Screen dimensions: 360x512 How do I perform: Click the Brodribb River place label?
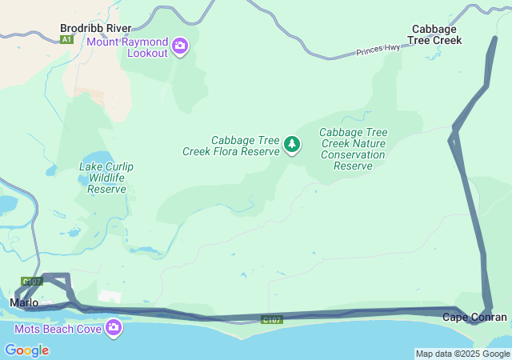coord(95,28)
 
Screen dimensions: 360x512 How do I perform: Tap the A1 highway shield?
coord(66,39)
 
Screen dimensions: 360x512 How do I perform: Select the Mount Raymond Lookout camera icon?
coord(180,46)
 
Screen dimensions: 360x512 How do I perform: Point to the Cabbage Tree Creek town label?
coord(434,34)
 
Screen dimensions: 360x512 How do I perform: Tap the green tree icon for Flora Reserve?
coord(293,145)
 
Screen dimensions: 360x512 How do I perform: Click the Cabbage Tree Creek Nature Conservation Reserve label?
coord(353,149)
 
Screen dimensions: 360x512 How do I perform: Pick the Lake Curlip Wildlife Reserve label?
coord(106,178)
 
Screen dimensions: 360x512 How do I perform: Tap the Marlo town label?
coord(24,302)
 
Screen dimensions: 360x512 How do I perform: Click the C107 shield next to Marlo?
coord(32,282)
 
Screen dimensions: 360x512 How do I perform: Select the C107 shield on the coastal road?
coord(272,320)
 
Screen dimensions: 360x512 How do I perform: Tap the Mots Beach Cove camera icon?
coord(114,327)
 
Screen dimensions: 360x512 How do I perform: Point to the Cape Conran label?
coord(474,318)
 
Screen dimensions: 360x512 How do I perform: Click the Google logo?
coord(26,350)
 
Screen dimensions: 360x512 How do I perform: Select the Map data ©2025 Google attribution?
coord(462,354)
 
